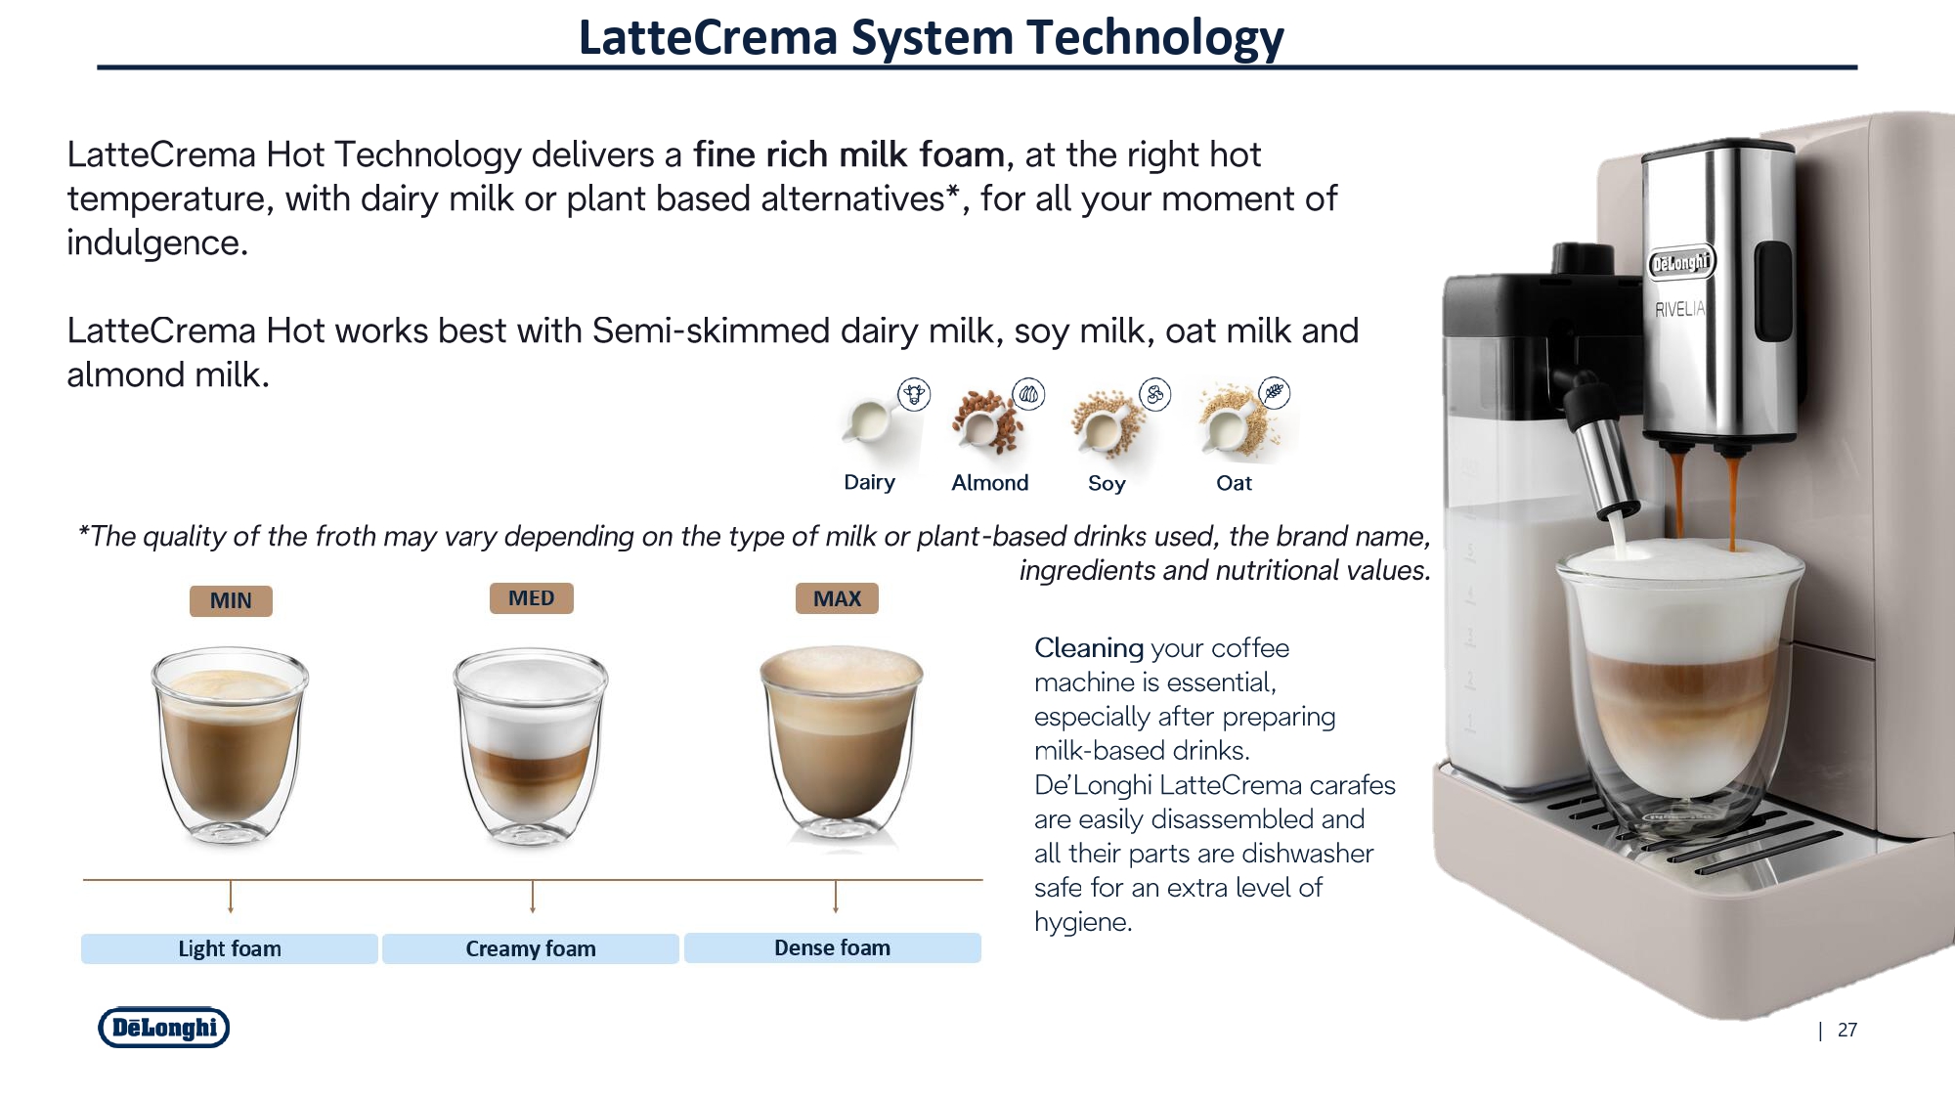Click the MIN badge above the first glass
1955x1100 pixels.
click(231, 600)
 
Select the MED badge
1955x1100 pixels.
click(531, 598)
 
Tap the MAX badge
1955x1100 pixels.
click(837, 598)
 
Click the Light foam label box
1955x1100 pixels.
click(230, 948)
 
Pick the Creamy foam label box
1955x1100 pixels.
click(531, 948)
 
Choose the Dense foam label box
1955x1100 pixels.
click(833, 947)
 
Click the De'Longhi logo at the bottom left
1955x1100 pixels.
click(164, 1028)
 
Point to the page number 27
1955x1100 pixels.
click(1847, 1030)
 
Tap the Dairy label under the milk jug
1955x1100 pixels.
click(869, 482)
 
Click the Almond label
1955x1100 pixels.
click(990, 482)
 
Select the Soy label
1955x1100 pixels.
click(1107, 483)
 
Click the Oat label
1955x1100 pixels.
click(1234, 483)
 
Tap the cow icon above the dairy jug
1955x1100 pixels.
click(914, 394)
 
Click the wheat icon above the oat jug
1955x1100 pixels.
click(1274, 393)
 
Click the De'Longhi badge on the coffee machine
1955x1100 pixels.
click(1681, 262)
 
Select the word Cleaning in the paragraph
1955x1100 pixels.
click(1089, 648)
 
